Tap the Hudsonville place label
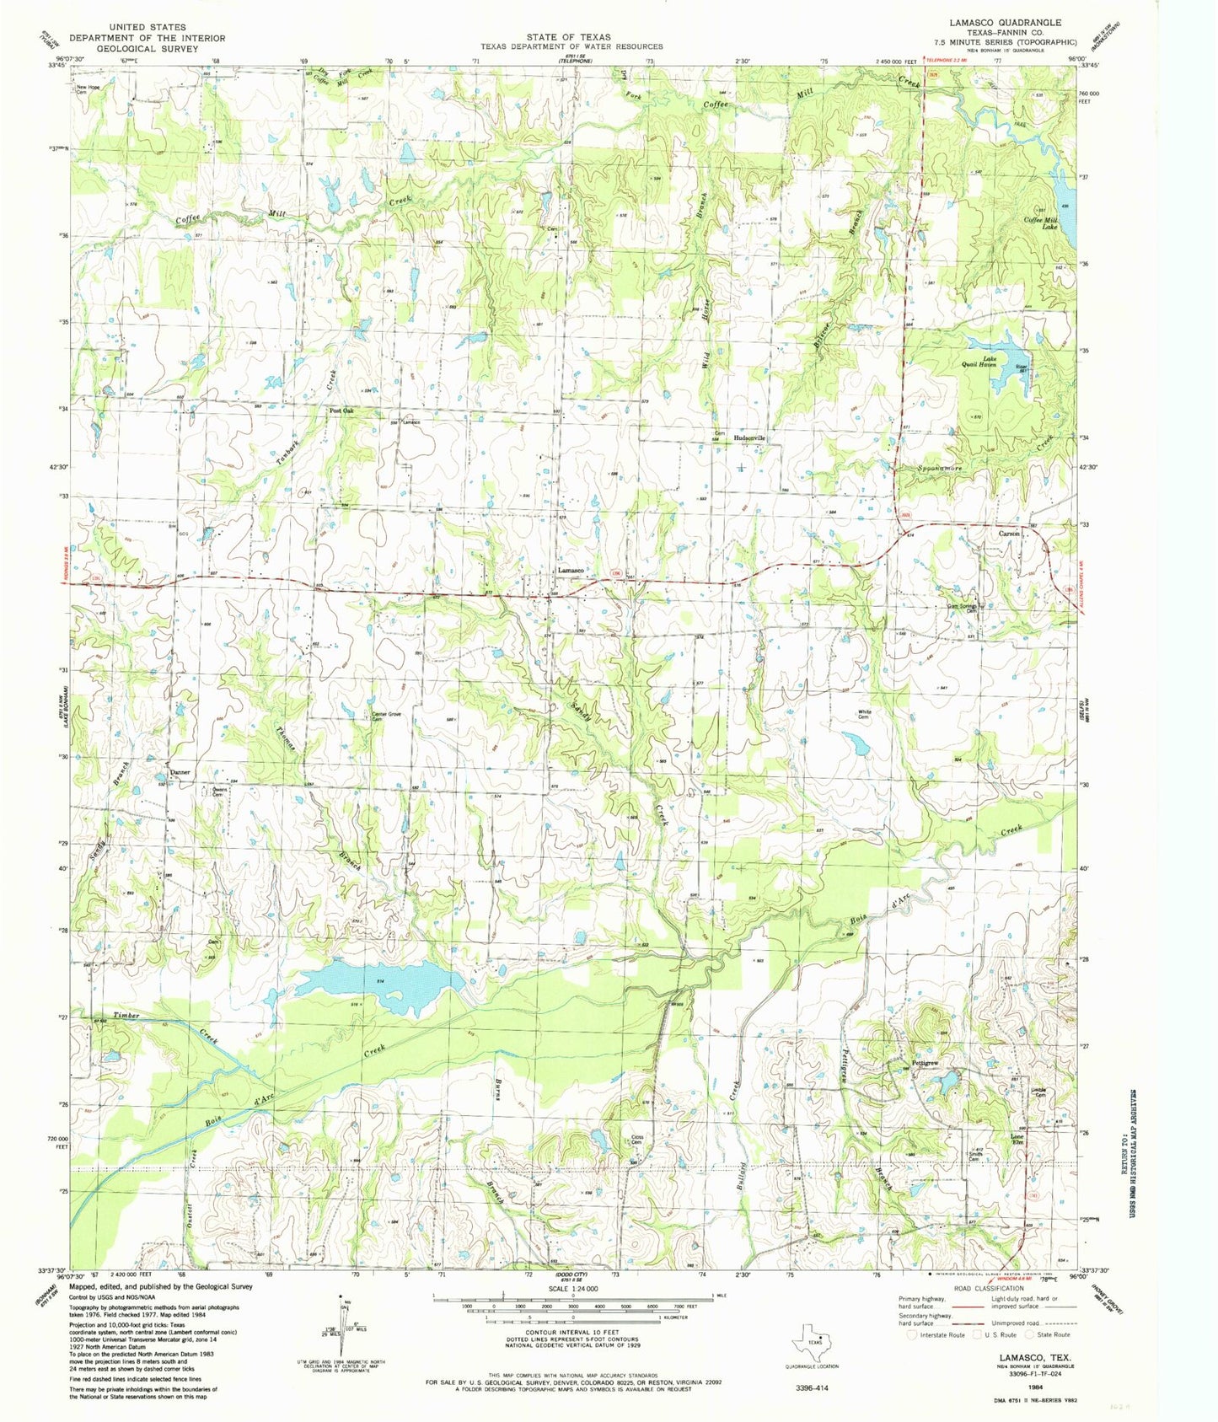(749, 438)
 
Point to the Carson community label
(1009, 534)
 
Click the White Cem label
(864, 713)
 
